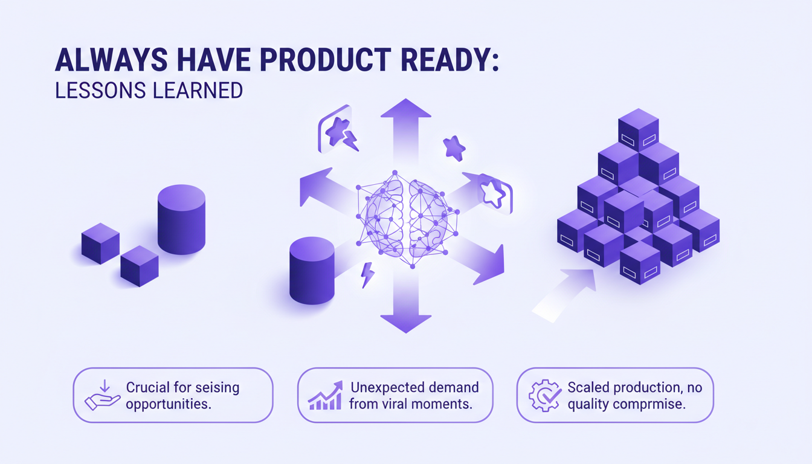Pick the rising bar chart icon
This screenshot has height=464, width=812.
click(325, 396)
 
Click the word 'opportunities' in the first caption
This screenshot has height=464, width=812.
click(169, 404)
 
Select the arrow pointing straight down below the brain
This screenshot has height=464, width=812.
click(405, 308)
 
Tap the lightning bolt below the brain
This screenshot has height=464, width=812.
click(367, 275)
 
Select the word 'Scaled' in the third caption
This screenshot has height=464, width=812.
click(587, 387)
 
